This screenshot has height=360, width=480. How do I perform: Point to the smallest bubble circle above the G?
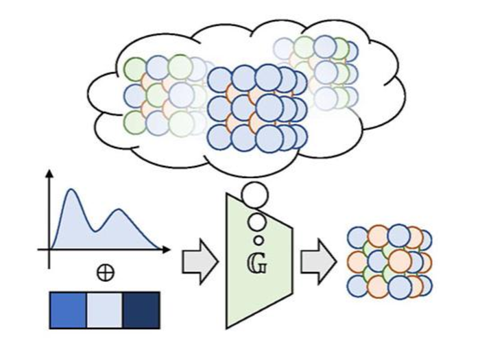[259, 240]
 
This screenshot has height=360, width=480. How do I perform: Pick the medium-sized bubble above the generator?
[256, 221]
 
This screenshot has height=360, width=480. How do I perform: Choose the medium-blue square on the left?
[68, 310]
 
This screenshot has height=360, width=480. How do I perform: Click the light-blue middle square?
[104, 310]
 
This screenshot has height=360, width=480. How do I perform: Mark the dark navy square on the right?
[141, 310]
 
